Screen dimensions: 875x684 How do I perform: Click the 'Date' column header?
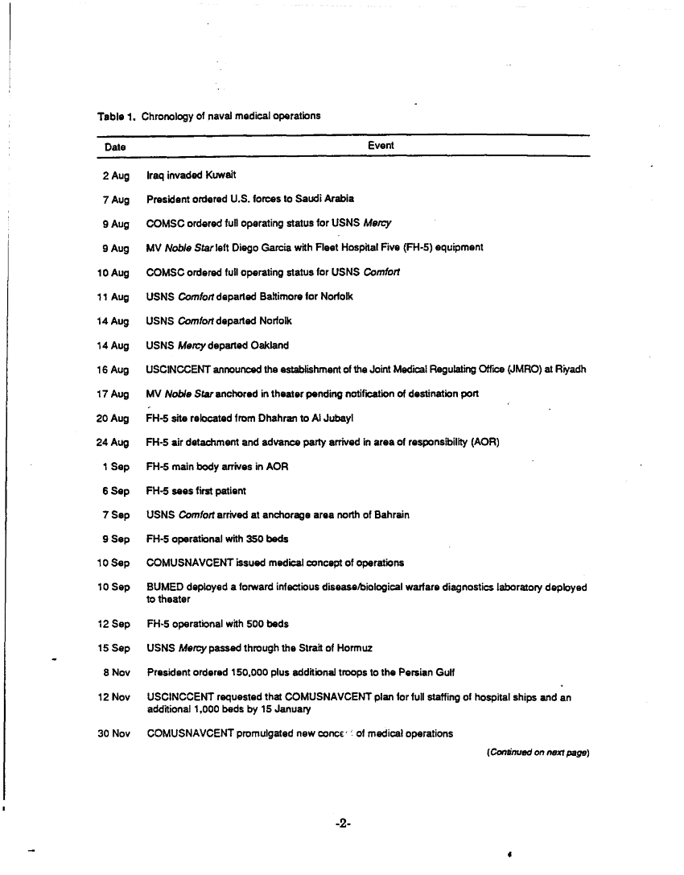(115, 147)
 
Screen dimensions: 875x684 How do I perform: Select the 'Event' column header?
(381, 146)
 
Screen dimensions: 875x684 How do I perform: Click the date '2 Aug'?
(116, 175)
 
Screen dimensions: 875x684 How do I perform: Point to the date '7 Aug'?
(116, 199)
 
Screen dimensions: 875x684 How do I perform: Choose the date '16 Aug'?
(113, 369)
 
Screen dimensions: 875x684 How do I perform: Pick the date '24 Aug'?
(113, 442)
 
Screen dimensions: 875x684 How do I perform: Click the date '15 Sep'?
(113, 648)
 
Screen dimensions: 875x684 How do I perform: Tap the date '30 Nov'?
(113, 733)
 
